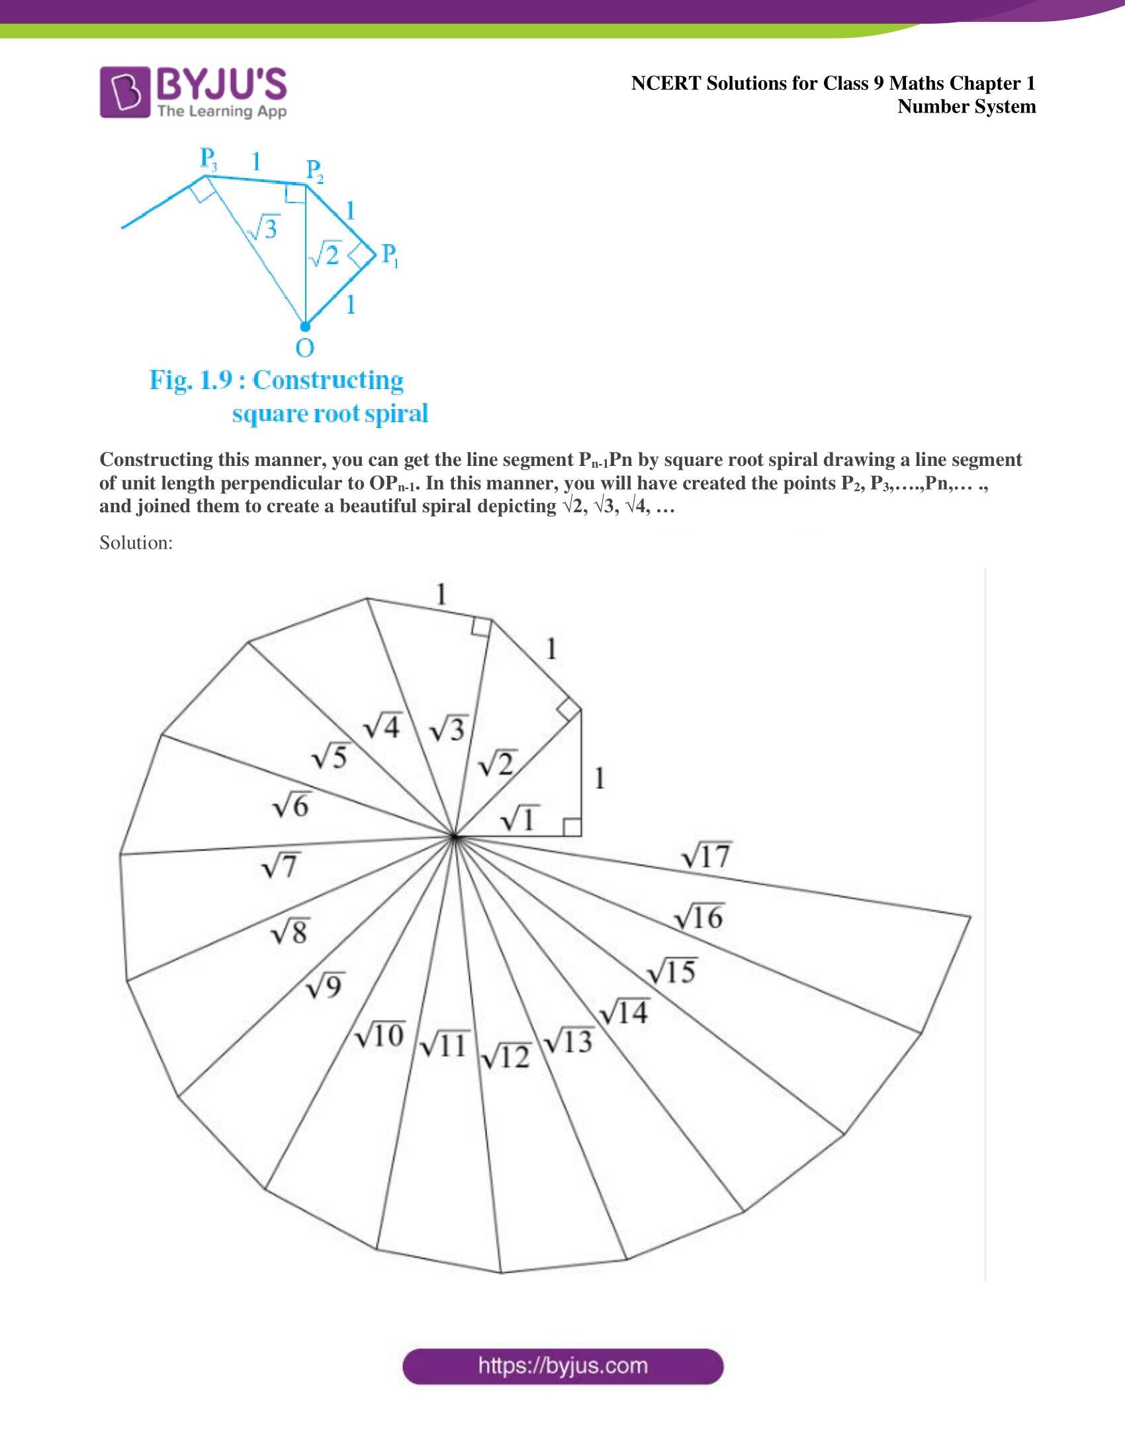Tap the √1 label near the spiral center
click(519, 819)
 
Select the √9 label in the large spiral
click(324, 985)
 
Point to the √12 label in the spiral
click(506, 1056)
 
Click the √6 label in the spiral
click(291, 807)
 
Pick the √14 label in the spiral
click(624, 1012)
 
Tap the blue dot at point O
click(304, 327)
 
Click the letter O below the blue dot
click(304, 348)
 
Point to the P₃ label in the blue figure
click(208, 159)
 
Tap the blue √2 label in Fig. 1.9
click(325, 255)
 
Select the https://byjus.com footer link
click(563, 1365)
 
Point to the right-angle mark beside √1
click(572, 827)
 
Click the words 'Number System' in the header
click(966, 107)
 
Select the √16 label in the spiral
click(698, 918)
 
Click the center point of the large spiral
click(454, 836)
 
